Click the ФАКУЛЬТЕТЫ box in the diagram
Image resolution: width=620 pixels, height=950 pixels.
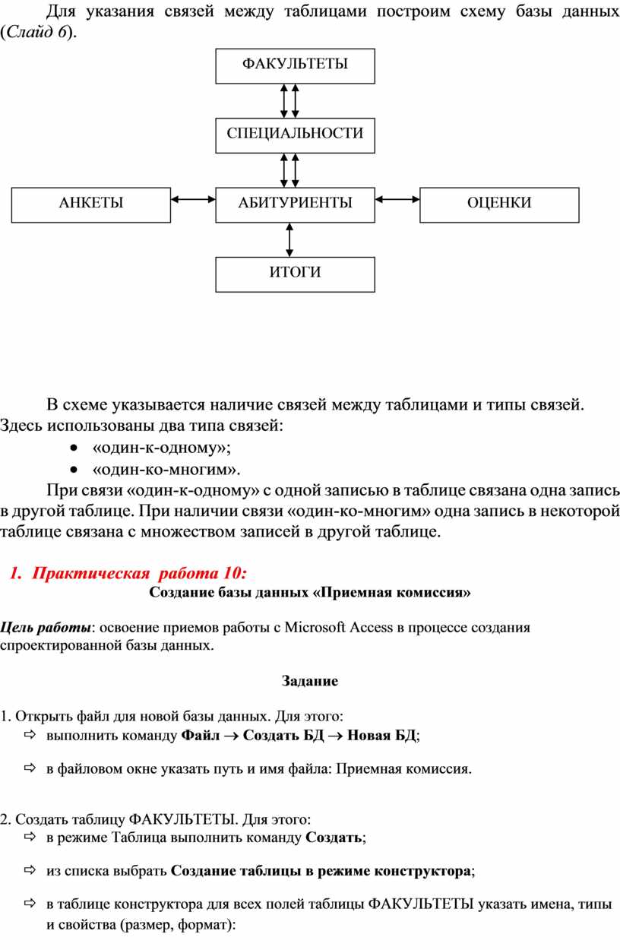click(295, 65)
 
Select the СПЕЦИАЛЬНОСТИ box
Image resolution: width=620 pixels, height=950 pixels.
click(295, 135)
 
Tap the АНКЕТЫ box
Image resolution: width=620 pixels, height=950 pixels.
click(91, 204)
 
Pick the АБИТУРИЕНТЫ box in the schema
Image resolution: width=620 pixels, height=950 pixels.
click(295, 204)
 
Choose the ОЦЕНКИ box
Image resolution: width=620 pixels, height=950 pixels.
click(499, 204)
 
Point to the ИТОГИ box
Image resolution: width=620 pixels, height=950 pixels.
click(295, 274)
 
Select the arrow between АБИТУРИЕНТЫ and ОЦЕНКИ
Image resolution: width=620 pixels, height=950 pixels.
click(397, 200)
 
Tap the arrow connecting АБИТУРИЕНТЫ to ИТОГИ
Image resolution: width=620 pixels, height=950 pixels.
click(289, 239)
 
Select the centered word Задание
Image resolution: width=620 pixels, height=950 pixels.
click(310, 681)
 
